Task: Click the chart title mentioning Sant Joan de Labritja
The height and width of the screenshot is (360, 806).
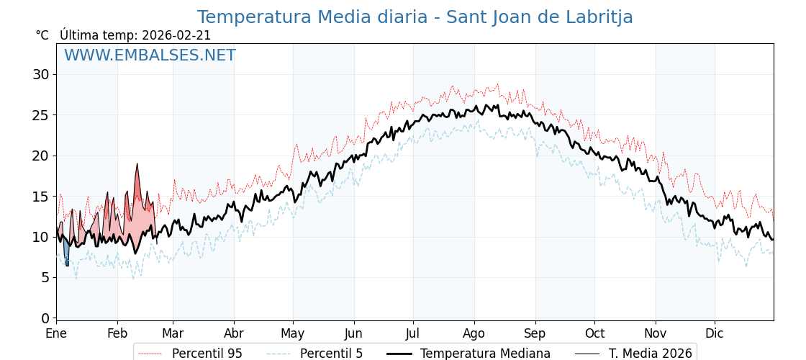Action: click(x=415, y=17)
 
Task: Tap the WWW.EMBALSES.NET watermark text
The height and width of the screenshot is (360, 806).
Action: click(x=150, y=55)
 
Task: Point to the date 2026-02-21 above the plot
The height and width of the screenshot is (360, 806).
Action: click(x=176, y=35)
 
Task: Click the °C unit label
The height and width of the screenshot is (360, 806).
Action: click(x=42, y=35)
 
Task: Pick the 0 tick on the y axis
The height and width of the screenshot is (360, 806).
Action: click(x=45, y=318)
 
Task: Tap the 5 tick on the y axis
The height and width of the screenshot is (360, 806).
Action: click(x=45, y=278)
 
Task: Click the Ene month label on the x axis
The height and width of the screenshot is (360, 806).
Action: click(x=56, y=334)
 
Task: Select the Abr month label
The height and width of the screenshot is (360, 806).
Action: click(x=234, y=334)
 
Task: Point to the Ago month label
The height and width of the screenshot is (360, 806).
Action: click(x=474, y=334)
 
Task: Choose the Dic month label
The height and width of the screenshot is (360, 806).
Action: click(x=715, y=334)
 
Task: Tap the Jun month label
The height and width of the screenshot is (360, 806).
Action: click(x=353, y=334)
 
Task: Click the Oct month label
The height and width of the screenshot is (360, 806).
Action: click(x=594, y=334)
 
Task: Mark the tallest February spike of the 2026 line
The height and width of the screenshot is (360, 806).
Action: click(x=137, y=165)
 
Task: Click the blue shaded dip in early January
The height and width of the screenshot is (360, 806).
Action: click(x=66, y=253)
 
